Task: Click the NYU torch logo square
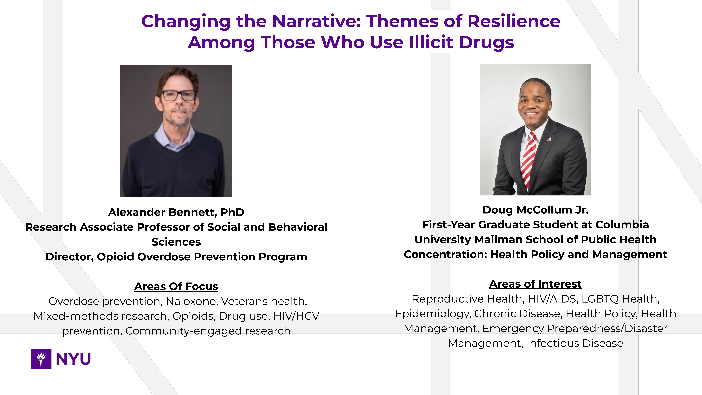pyautogui.click(x=41, y=359)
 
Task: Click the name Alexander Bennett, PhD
pyautogui.click(x=176, y=212)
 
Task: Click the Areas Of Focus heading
pyautogui.click(x=176, y=286)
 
